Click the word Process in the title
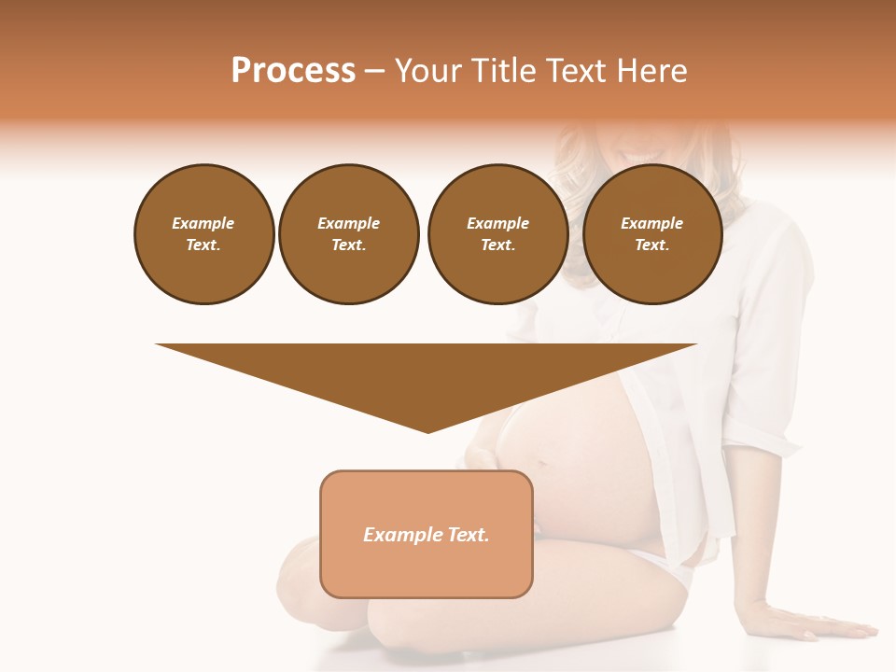click(293, 71)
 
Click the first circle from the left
click(203, 234)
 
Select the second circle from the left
click(348, 234)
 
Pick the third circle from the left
click(497, 234)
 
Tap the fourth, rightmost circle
click(651, 234)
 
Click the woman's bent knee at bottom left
click(299, 569)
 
